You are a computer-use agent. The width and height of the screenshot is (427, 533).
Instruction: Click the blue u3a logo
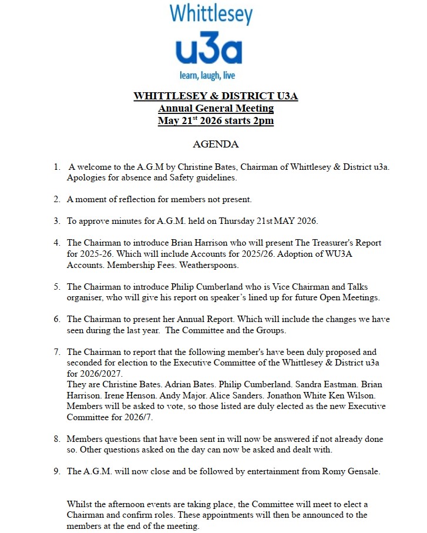209,52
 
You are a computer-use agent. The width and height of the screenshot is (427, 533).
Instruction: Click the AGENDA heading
216,144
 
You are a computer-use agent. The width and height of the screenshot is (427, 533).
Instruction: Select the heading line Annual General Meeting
216,108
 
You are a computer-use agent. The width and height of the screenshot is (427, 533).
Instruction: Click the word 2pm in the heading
263,121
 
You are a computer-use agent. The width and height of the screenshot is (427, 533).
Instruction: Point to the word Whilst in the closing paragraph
80,504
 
